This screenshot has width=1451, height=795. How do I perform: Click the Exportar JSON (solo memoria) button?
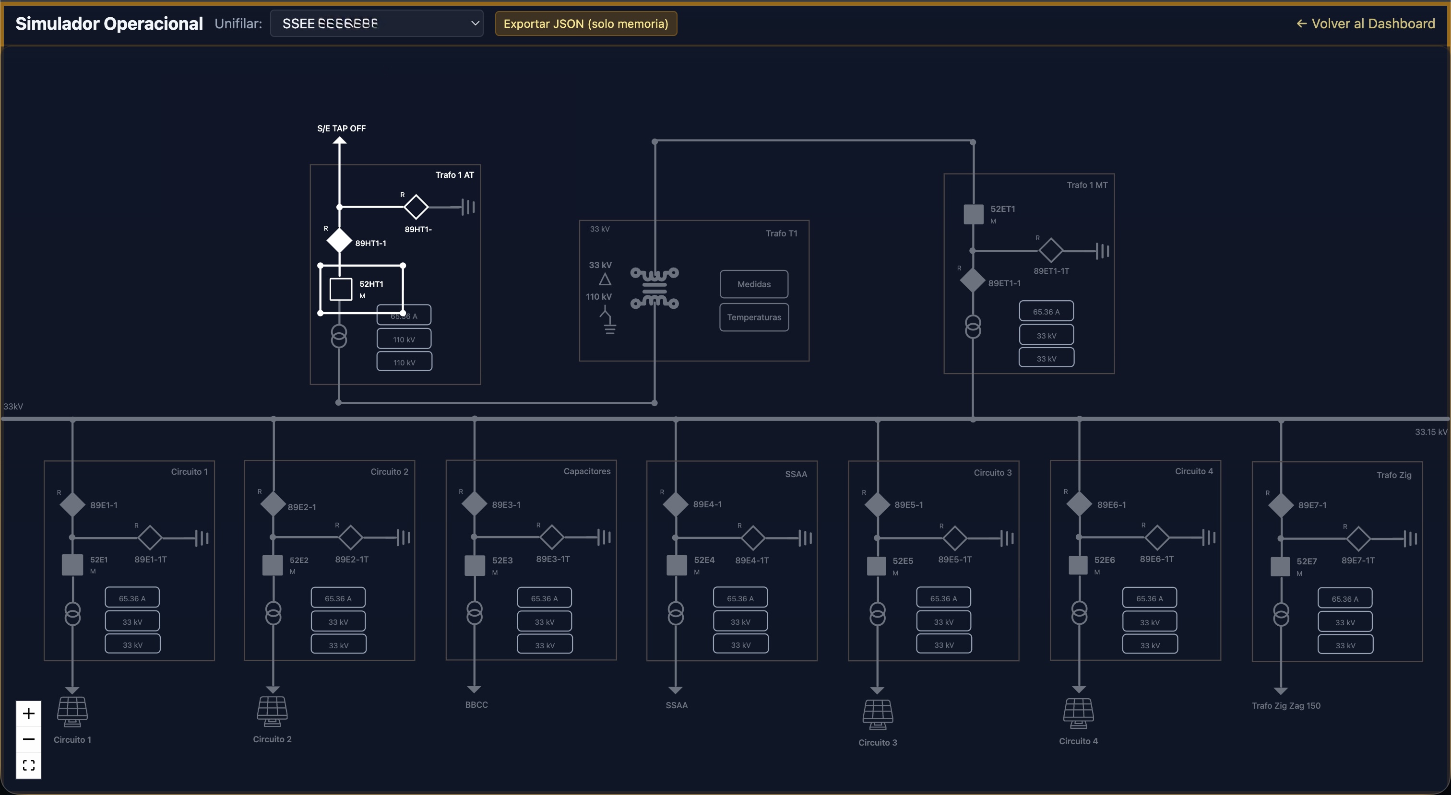(585, 23)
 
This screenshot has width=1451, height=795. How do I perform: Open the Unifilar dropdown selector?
(376, 23)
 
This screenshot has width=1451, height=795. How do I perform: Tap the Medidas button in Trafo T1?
(754, 284)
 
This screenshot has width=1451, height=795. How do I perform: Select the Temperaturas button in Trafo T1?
(754, 317)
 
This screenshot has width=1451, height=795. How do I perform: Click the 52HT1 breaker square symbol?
(341, 289)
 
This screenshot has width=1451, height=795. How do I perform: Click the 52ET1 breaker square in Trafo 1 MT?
(974, 214)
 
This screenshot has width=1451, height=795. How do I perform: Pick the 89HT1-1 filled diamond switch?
(339, 240)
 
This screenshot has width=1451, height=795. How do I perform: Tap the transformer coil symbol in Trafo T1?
(654, 288)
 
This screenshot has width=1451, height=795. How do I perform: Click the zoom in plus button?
(29, 714)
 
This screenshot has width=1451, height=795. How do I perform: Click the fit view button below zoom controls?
(29, 765)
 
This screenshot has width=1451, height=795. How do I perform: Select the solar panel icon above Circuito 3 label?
(878, 714)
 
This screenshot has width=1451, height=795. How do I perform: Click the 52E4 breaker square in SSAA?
(676, 565)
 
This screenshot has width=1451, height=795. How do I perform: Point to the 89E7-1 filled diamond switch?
(1280, 505)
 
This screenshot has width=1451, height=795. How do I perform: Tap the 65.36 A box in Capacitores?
(544, 598)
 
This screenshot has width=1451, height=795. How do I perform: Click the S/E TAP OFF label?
(341, 129)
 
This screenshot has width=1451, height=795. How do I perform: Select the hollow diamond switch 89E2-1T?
(350, 537)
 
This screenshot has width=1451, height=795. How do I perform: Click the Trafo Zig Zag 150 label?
(1286, 705)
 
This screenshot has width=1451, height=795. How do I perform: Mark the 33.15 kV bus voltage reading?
(1431, 432)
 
